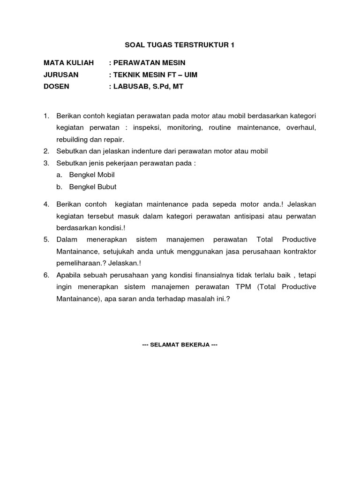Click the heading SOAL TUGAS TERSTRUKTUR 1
(x=180, y=45)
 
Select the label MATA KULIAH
(x=68, y=62)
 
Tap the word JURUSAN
(x=61, y=75)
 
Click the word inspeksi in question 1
(x=148, y=127)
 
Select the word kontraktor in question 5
(x=297, y=251)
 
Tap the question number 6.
(x=46, y=275)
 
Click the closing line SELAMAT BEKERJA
(x=180, y=345)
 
